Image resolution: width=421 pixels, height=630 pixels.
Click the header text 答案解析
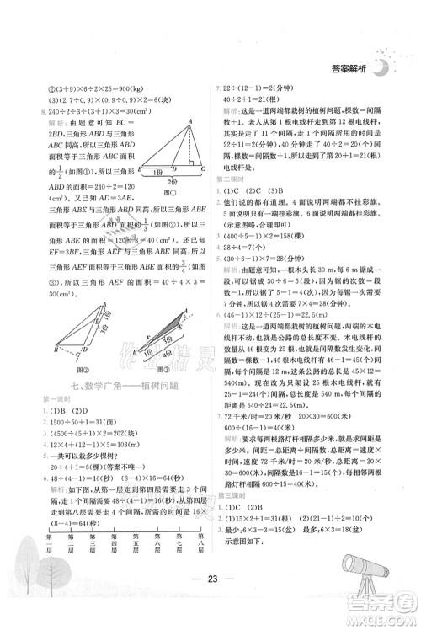point(347,72)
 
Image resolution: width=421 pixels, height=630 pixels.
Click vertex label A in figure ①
point(190,120)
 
